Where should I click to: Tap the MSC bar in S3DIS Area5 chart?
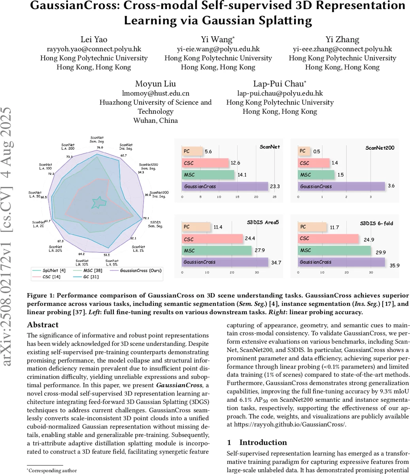(217, 250)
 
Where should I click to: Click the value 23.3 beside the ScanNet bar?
(275, 186)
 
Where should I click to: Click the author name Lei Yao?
(94, 39)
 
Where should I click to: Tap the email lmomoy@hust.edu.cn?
(155, 94)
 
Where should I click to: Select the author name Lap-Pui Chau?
(279, 84)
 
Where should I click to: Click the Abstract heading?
(43, 325)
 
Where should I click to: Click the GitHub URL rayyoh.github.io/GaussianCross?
(289, 424)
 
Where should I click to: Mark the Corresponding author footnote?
(53, 470)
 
